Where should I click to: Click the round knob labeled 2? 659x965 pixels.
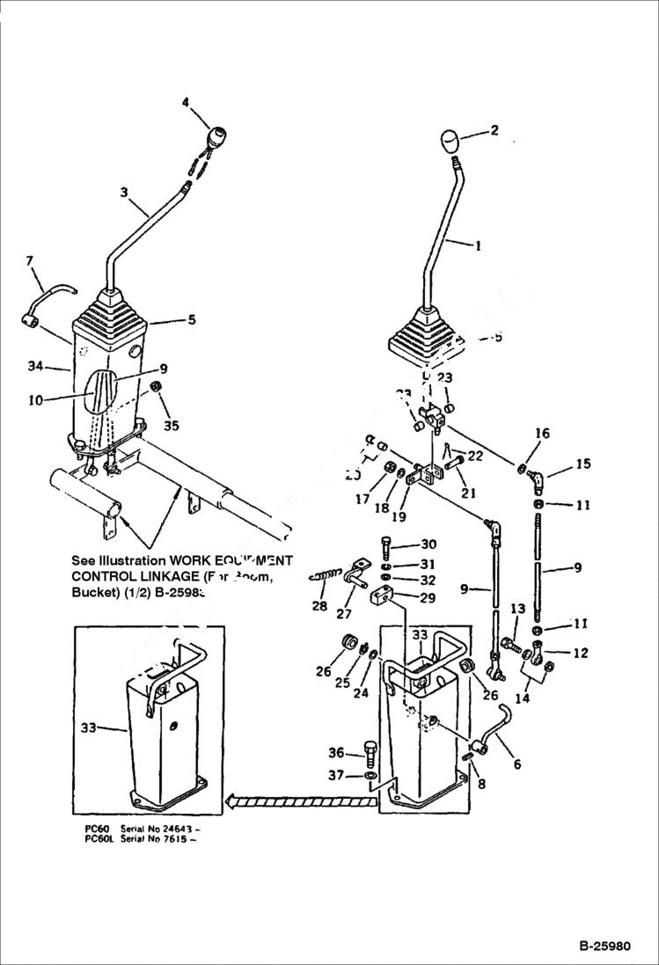450,140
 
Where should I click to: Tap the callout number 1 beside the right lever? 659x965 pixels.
478,246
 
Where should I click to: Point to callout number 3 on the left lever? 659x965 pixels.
124,192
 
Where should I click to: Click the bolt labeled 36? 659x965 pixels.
370,752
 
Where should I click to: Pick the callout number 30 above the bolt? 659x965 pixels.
428,544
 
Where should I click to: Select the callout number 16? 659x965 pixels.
543,434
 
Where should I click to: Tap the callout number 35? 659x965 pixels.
172,426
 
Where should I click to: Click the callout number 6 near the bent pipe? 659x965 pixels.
516,764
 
